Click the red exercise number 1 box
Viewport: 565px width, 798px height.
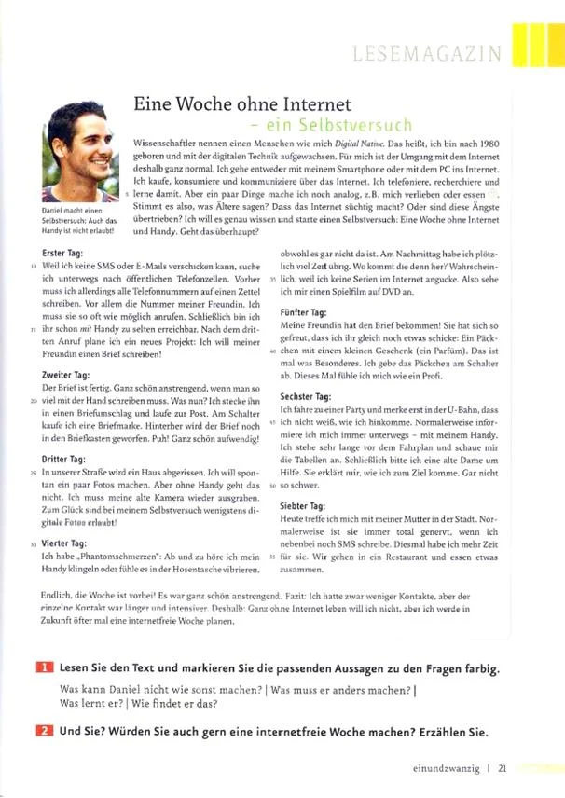click(x=45, y=669)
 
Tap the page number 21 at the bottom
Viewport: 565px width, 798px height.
click(x=502, y=769)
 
